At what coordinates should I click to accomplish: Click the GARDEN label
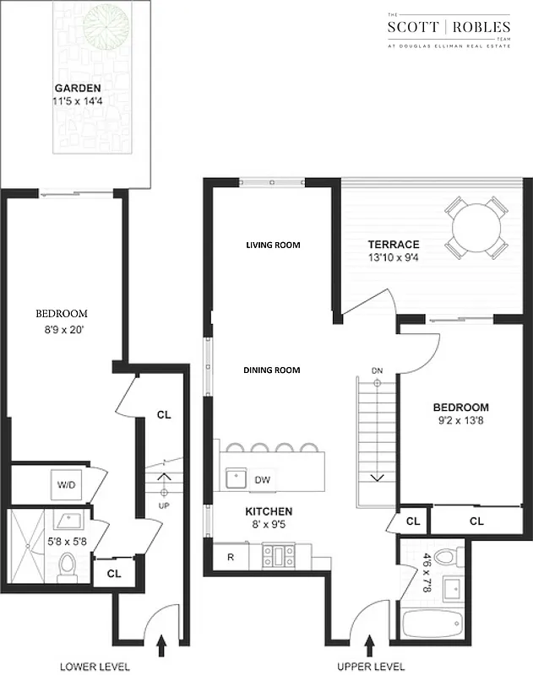click(77, 89)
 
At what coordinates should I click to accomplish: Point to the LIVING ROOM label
click(273, 246)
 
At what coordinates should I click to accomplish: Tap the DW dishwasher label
click(263, 480)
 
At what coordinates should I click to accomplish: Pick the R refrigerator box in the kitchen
click(230, 557)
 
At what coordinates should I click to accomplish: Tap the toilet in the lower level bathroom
click(68, 566)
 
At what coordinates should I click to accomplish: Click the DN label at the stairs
click(378, 370)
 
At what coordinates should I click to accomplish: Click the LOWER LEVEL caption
click(95, 667)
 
